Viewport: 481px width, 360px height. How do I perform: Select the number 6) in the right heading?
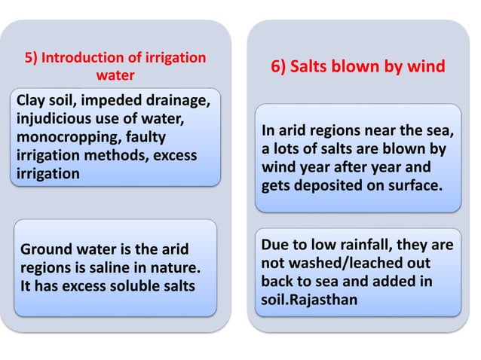tap(280, 68)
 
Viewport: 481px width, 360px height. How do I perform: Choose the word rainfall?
tap(356, 247)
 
